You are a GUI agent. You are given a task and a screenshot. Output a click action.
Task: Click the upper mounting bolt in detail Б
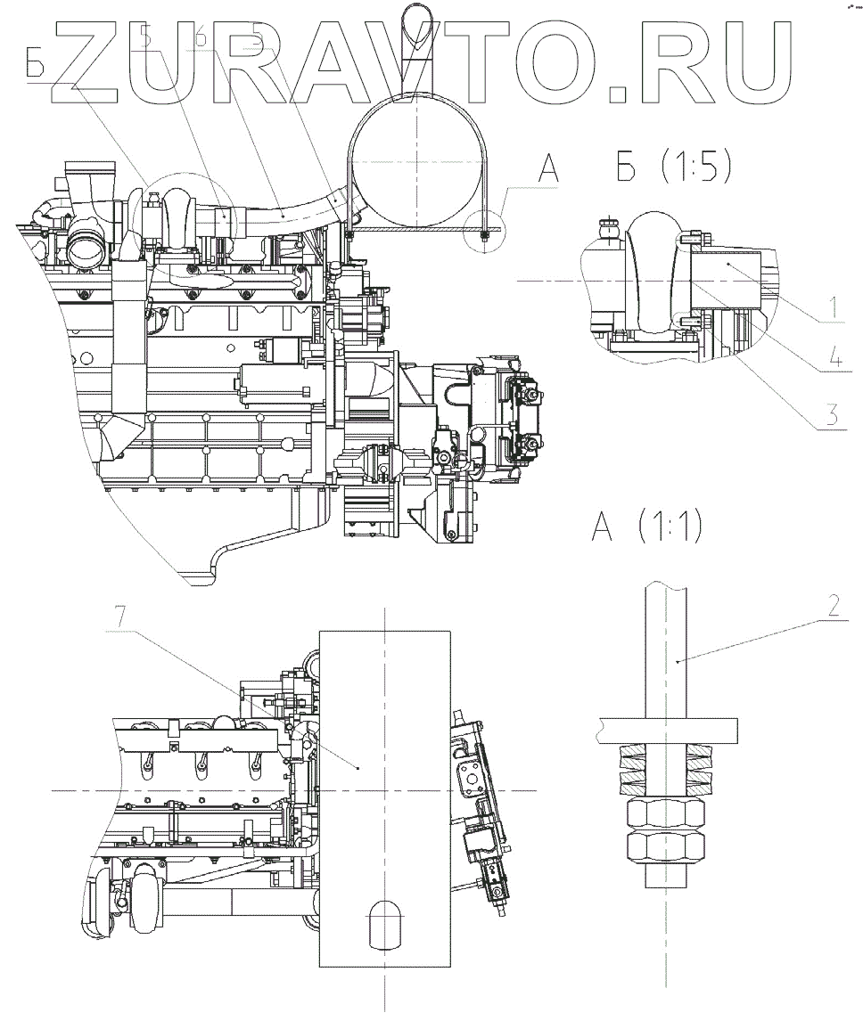(x=693, y=239)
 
